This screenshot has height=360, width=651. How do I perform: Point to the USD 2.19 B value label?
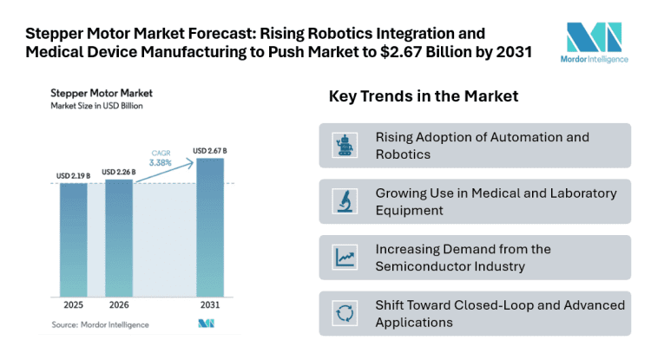pyautogui.click(x=74, y=176)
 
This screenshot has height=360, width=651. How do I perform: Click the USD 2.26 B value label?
pyautogui.click(x=119, y=172)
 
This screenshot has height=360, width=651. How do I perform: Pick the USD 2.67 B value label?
pyautogui.click(x=209, y=151)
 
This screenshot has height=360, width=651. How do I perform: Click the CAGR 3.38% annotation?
pyautogui.click(x=161, y=157)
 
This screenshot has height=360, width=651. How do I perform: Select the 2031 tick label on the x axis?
pyautogui.click(x=209, y=306)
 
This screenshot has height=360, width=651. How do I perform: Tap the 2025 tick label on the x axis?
pyautogui.click(x=74, y=306)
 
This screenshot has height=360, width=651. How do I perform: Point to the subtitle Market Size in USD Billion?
pyautogui.click(x=96, y=106)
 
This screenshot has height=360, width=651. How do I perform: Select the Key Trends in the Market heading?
pyautogui.click(x=423, y=96)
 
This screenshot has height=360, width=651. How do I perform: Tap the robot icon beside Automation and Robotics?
pyautogui.click(x=345, y=146)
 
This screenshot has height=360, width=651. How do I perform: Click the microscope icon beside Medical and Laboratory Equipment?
pyautogui.click(x=345, y=201)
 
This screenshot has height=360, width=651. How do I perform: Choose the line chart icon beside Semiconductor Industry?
pyautogui.click(x=345, y=258)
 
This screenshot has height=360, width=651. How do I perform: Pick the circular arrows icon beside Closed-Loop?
pyautogui.click(x=345, y=313)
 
